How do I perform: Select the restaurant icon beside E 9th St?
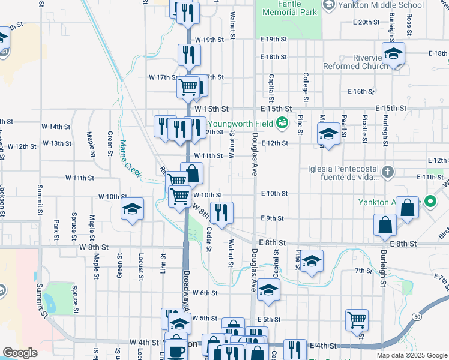pyautogui.click(x=221, y=212)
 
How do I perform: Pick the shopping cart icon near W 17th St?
pyautogui.click(x=188, y=86)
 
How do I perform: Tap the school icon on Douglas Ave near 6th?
pyautogui.click(x=270, y=290)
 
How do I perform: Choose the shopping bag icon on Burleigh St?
pyautogui.click(x=385, y=225)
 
